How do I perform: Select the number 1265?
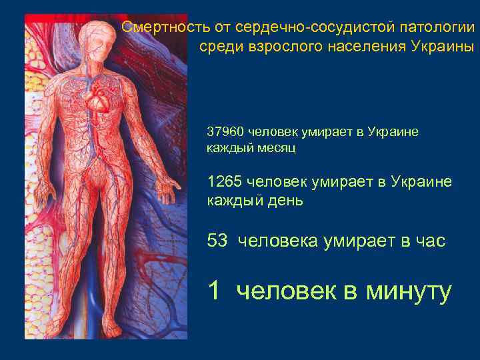(x=224, y=181)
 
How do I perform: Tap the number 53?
(x=217, y=241)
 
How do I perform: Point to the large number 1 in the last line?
(x=213, y=290)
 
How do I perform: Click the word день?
(x=282, y=199)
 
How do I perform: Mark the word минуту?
(x=410, y=291)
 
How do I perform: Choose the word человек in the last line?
(x=286, y=291)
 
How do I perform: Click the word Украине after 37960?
(x=391, y=131)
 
